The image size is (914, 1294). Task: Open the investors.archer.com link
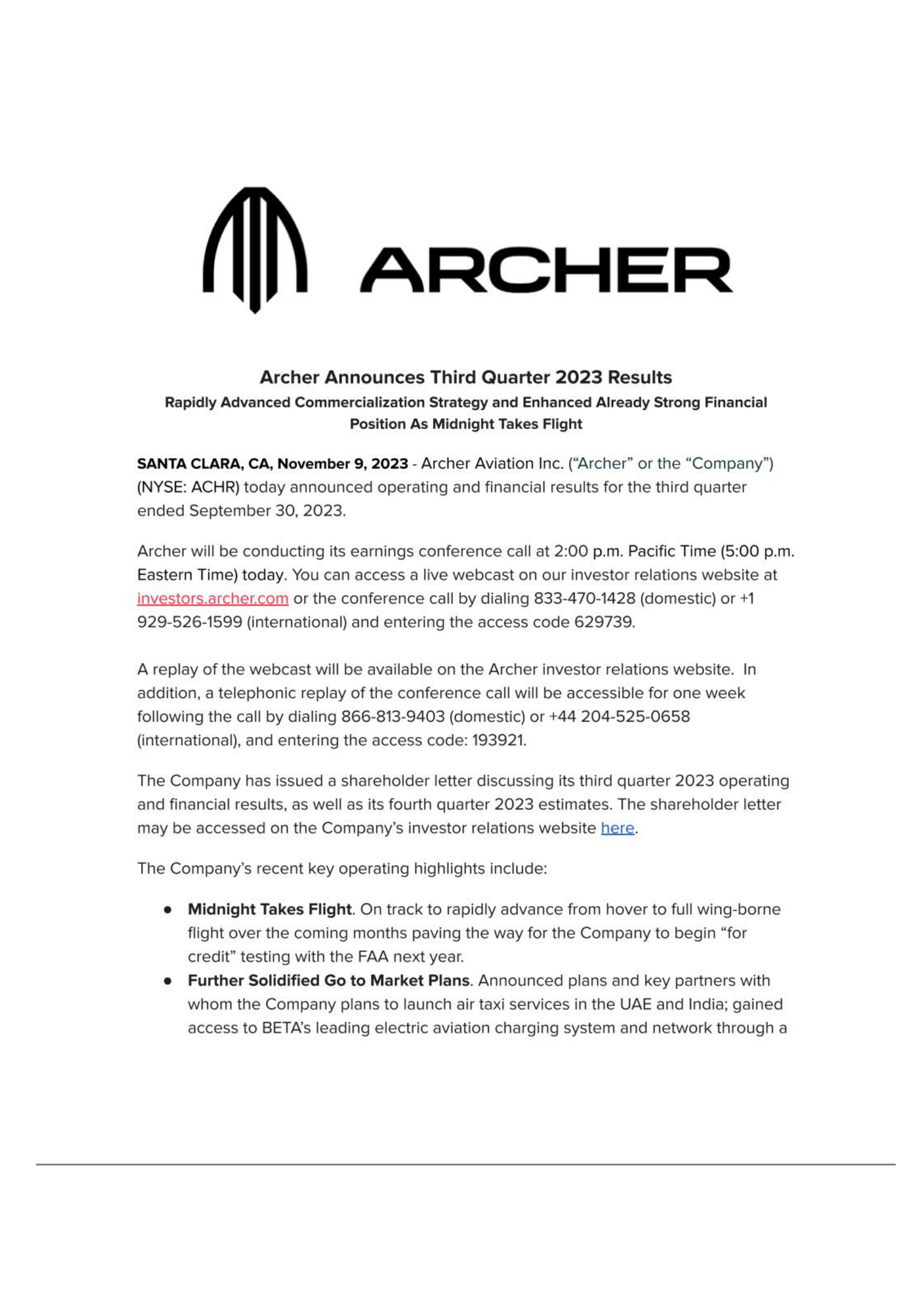coord(213,598)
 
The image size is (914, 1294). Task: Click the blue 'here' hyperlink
coord(617,828)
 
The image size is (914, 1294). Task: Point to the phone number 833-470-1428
coord(584,598)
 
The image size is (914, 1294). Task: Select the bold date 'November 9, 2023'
coord(342,463)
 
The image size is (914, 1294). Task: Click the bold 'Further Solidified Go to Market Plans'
coord(328,980)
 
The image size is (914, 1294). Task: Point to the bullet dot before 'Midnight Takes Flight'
coord(168,910)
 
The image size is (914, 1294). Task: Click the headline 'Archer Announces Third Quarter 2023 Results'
coord(466,377)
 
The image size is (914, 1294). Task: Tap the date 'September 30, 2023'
coord(267,511)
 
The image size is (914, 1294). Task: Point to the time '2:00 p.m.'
coord(588,551)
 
